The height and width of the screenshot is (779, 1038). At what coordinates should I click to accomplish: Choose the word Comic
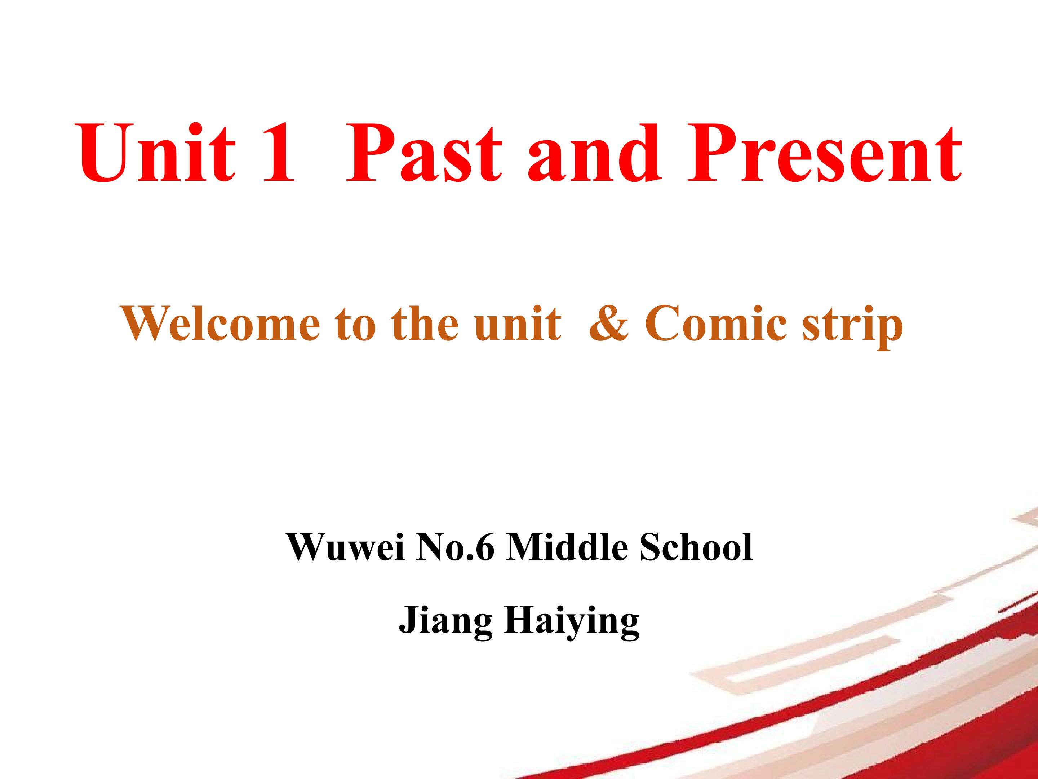(717, 324)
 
